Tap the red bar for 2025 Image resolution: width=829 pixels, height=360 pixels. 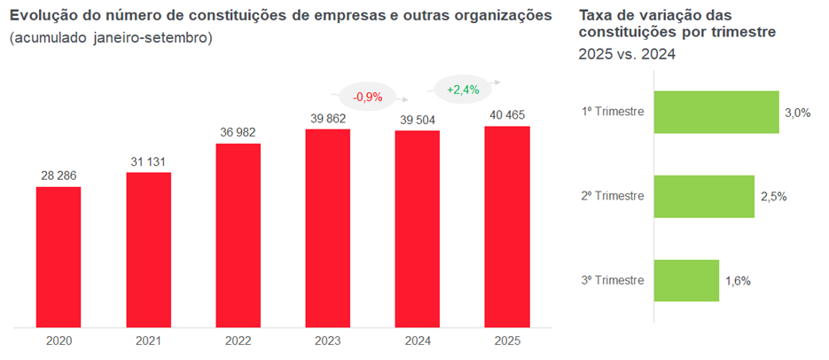pos(507,227)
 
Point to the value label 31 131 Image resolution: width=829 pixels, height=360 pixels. pos(148,161)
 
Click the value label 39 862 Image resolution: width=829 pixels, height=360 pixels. pos(327,118)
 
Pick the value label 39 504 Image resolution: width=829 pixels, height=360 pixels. pos(417,120)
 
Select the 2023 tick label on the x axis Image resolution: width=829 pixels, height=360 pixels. pos(327,340)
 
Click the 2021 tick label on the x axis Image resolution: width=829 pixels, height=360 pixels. pos(148,340)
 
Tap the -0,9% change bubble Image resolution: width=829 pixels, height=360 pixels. pos(367,96)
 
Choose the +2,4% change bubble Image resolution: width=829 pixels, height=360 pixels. pos(463,90)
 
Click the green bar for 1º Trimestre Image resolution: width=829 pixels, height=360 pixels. pos(716,112)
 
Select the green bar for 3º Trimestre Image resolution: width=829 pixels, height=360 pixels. pos(686,280)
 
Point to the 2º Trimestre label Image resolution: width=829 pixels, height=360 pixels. pos(613,196)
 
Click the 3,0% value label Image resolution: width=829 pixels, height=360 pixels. pos(798,113)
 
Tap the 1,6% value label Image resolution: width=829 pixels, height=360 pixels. pos(738,281)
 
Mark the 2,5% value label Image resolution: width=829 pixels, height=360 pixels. pos(774,196)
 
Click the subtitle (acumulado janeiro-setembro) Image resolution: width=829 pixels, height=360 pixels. pos(111,40)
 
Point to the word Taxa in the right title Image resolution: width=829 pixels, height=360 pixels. pos(596,16)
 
